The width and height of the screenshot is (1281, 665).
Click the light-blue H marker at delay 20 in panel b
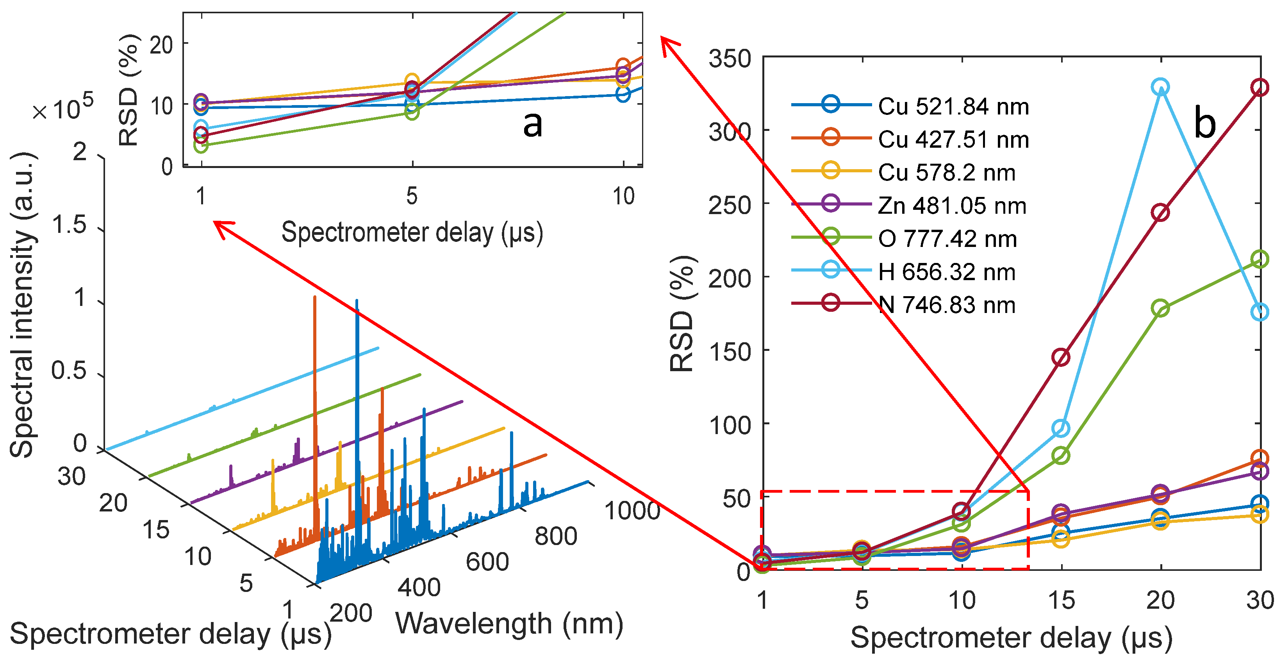(x=1160, y=87)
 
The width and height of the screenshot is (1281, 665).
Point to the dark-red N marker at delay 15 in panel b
(x=1061, y=357)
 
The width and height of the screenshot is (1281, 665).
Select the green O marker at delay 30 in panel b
(x=1259, y=259)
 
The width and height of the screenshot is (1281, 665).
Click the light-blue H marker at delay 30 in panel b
(x=1259, y=312)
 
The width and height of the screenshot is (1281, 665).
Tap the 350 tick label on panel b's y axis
(x=730, y=59)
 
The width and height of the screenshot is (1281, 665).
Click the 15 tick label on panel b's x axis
(x=1061, y=601)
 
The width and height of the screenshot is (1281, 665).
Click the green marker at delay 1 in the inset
(x=200, y=145)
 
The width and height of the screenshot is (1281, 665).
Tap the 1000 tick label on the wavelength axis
(x=632, y=511)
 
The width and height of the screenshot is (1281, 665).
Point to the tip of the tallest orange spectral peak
(x=314, y=297)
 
